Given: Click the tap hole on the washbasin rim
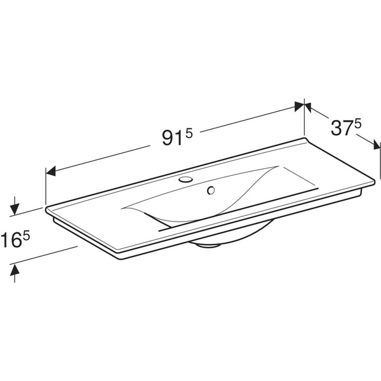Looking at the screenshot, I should [186, 180].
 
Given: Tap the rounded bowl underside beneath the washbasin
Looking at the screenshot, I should [216, 242].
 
